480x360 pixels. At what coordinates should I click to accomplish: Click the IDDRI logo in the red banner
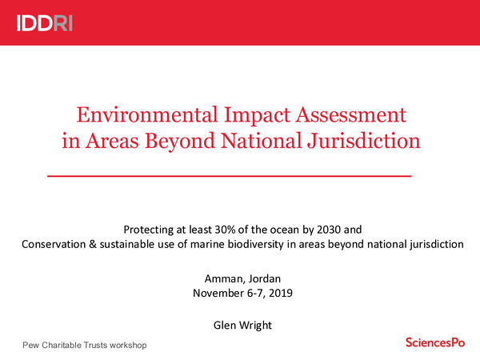tap(45, 23)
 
